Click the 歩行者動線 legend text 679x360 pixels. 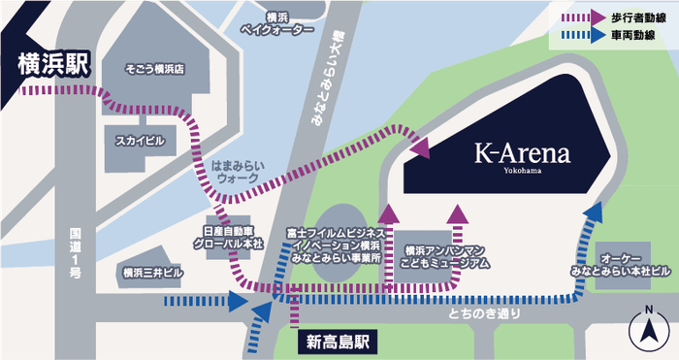pos(635,17)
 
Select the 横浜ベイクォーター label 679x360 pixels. pos(276,24)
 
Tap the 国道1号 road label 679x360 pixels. pos(77,252)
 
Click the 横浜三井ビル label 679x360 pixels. pos(148,274)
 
